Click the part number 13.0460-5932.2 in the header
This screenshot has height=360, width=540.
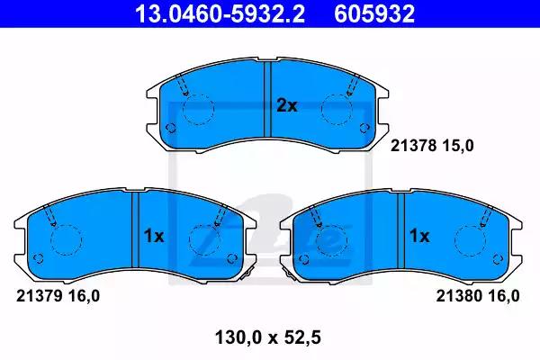click(x=220, y=14)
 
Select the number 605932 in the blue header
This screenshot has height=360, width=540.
click(x=374, y=14)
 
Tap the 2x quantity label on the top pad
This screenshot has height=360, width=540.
click(x=286, y=106)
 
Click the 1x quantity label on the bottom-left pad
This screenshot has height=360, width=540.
click(x=154, y=237)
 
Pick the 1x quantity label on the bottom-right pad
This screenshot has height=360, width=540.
click(x=419, y=237)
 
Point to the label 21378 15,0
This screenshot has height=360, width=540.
click(x=432, y=146)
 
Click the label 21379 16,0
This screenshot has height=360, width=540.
click(x=58, y=296)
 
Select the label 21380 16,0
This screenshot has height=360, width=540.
click(x=478, y=296)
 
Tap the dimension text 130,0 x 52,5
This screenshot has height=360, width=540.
click(x=268, y=337)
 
